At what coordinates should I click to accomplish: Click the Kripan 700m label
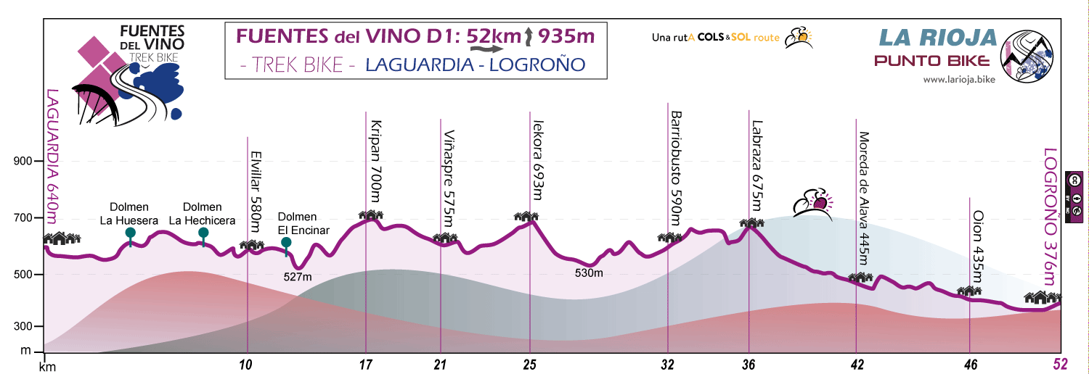pos(375,160)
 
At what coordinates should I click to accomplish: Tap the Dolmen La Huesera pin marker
pos(130,233)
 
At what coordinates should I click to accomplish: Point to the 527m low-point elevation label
pos(298,276)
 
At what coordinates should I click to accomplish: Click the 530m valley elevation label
pos(589,273)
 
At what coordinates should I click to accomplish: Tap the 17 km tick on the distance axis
pos(365,365)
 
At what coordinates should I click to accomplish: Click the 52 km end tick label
pos(1061,365)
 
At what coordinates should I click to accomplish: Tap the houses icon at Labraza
pos(751,223)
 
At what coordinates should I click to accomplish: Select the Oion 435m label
pos(977,246)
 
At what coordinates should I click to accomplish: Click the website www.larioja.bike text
pos(958,80)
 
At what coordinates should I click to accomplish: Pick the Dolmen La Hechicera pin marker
pos(203,233)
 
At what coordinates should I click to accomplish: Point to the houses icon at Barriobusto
pos(669,237)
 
